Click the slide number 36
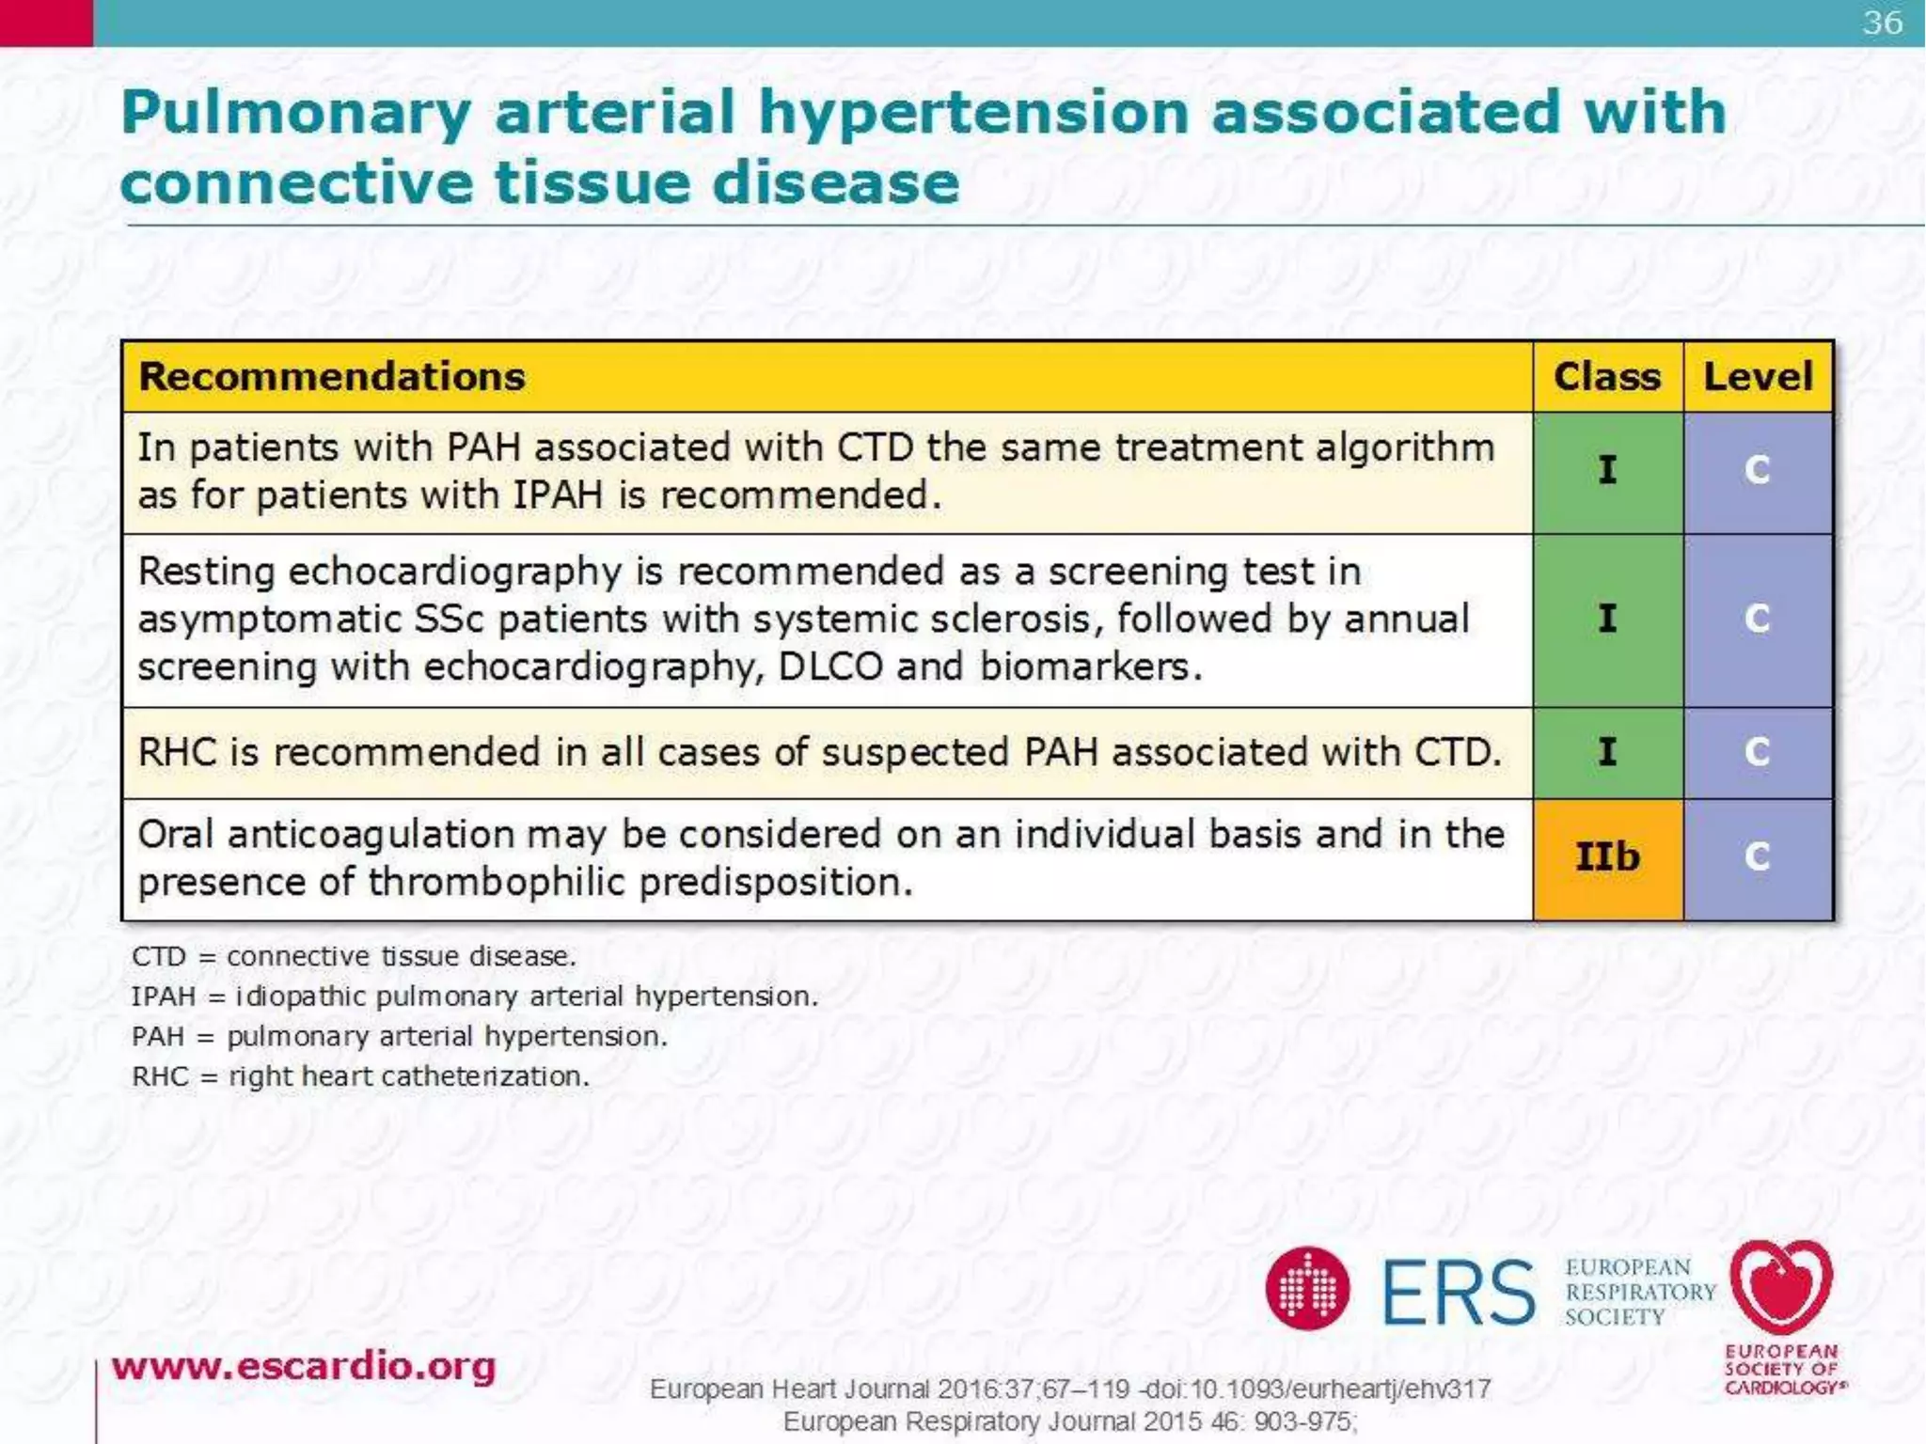[1882, 23]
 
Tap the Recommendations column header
[332, 377]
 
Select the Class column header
[1606, 377]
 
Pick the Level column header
[1758, 377]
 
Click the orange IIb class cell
[1607, 857]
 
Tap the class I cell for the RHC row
[1607, 752]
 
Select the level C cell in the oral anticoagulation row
[1757, 857]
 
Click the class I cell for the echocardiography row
[1607, 619]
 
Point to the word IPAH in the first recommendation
[557, 495]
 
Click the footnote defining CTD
[354, 956]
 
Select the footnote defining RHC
[360, 1076]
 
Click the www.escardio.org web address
[304, 1366]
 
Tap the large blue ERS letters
[1458, 1293]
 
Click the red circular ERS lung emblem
[1307, 1289]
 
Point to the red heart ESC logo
[1781, 1287]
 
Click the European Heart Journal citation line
[1069, 1389]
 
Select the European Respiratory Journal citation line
[1069, 1421]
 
